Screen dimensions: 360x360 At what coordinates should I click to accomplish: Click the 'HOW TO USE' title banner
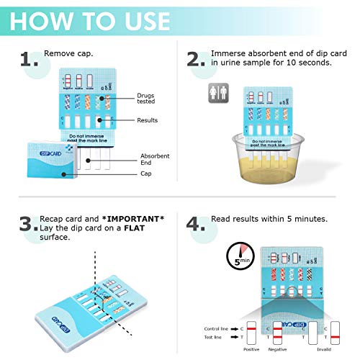click(90, 20)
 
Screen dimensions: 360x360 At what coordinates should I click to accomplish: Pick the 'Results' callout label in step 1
click(147, 120)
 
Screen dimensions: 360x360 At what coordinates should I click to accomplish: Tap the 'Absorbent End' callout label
click(155, 160)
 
